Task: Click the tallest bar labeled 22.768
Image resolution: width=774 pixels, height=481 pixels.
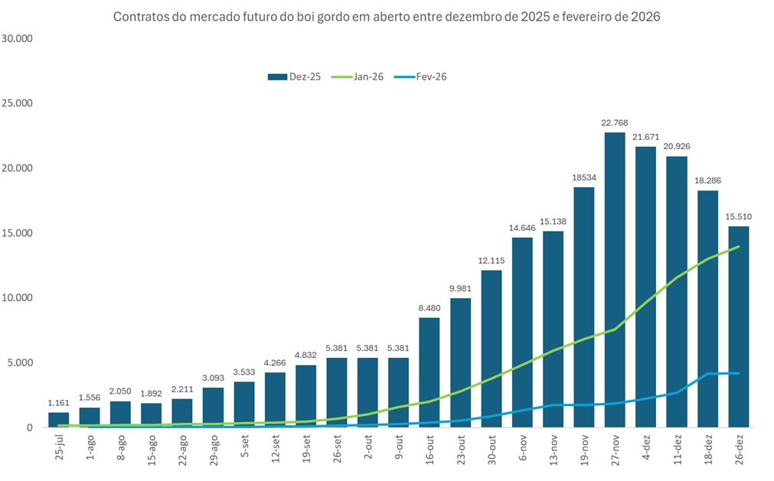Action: coord(615,279)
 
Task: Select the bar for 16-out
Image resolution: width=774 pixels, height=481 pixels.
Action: coord(429,372)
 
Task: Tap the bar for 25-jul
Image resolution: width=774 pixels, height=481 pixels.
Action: coord(59,420)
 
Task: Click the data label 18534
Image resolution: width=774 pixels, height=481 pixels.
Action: coord(584,177)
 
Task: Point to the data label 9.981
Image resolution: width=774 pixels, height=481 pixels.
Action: coord(460,288)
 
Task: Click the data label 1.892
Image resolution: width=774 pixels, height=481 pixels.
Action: coord(152,394)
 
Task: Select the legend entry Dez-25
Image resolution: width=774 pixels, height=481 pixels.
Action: coord(295,76)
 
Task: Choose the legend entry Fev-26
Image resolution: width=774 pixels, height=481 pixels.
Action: coord(422,76)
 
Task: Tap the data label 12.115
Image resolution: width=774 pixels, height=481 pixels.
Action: coord(492,261)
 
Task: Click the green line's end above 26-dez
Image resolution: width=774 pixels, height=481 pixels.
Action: coord(738,247)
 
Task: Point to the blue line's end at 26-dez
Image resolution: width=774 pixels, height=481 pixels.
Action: coord(738,373)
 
